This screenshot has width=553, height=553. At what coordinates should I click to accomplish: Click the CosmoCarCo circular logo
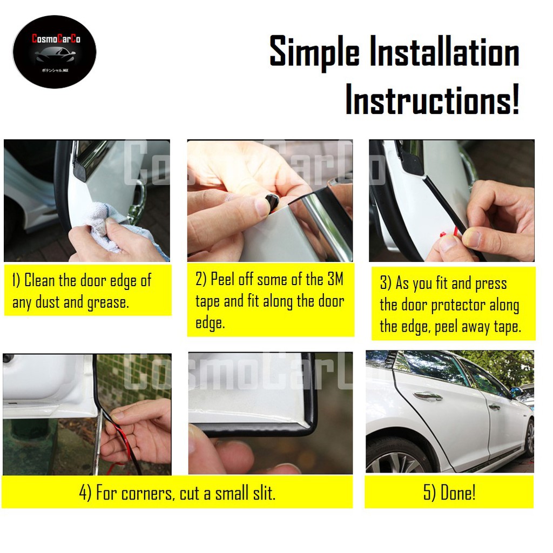[54, 52]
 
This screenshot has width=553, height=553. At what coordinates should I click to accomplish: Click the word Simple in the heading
[314, 53]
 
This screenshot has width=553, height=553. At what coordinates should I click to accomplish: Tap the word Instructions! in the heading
[432, 100]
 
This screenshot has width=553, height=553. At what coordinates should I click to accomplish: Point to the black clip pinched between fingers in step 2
[272, 203]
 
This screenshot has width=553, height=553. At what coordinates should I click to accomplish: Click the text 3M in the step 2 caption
[334, 279]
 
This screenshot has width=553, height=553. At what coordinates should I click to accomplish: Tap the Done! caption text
[457, 493]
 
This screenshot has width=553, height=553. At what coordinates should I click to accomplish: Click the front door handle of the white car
[428, 396]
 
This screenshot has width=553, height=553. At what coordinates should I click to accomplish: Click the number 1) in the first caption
[17, 281]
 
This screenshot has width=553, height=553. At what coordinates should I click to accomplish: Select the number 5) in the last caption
[430, 493]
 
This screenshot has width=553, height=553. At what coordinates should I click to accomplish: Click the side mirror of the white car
[515, 391]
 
